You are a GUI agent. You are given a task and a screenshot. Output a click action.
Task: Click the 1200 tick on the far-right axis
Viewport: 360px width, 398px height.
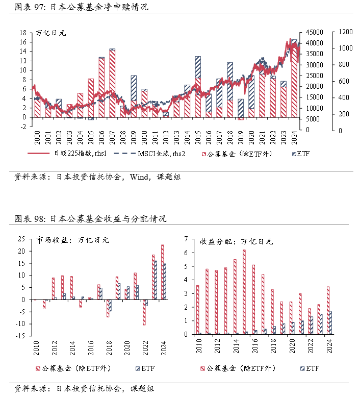click(345, 32)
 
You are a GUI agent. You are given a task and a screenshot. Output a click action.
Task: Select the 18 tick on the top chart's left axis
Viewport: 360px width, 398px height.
click(23, 32)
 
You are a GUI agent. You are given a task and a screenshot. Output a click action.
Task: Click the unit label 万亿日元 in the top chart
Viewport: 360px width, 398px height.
click(50, 33)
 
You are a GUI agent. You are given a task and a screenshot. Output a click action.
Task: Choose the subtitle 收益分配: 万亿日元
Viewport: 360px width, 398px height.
click(236, 241)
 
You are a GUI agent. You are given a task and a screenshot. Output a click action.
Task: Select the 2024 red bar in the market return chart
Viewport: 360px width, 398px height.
click(163, 272)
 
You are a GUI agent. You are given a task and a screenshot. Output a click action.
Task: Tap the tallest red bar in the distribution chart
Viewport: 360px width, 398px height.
click(244, 292)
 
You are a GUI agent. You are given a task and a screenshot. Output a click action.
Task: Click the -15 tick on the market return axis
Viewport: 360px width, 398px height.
click(22, 336)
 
